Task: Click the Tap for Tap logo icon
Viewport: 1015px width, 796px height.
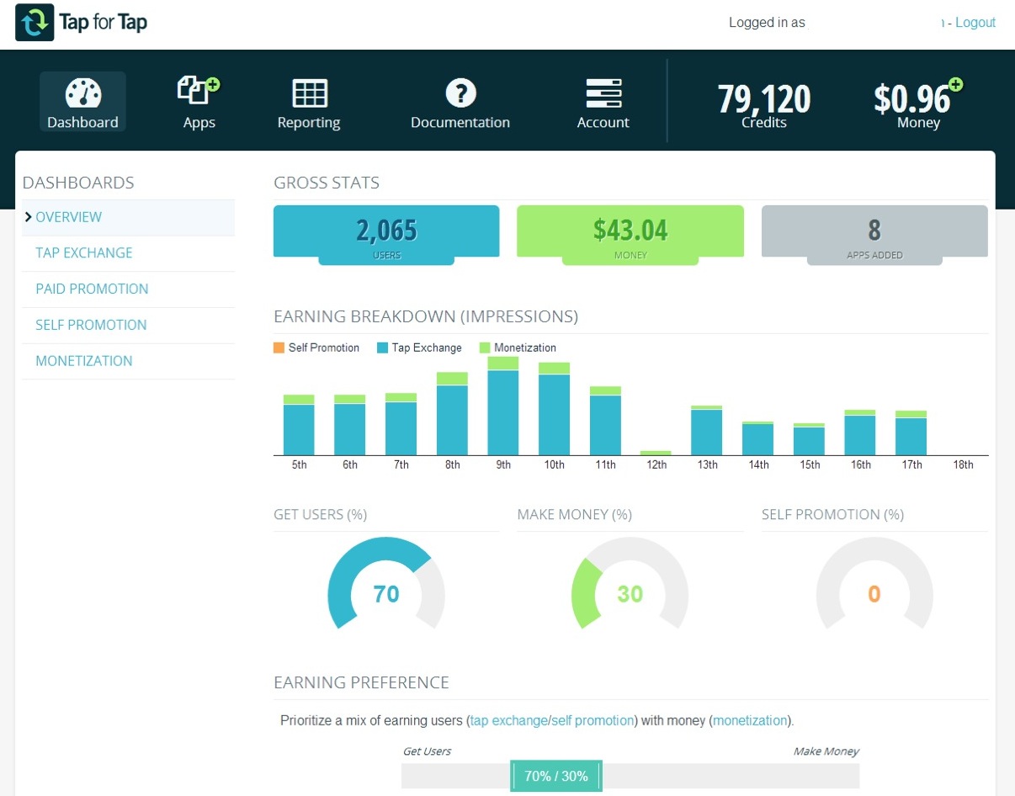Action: pos(35,23)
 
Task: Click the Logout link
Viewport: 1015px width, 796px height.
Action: pos(975,23)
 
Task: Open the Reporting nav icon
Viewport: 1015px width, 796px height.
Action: pos(309,93)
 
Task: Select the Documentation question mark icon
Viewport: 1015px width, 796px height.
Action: pos(460,93)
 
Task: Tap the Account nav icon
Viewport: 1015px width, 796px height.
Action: pos(603,93)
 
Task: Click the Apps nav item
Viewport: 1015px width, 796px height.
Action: pos(199,103)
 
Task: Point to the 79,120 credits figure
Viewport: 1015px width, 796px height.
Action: pos(763,99)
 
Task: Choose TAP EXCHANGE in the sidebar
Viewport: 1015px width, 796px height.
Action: pos(84,253)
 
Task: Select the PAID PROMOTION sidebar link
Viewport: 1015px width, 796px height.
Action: pos(92,289)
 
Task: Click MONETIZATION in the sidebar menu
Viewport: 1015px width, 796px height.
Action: pos(84,361)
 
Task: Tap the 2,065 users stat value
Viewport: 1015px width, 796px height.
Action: pos(386,230)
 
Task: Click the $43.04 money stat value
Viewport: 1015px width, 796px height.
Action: pos(630,230)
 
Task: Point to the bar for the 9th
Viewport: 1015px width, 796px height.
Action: pos(503,408)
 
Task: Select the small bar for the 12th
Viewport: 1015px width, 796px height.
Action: pos(656,453)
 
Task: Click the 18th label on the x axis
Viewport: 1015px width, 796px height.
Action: pos(963,464)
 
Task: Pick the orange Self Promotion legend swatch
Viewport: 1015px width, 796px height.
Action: pos(279,348)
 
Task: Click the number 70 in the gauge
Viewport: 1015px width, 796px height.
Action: pos(385,594)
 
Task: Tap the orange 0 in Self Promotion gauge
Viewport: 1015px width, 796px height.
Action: pos(874,594)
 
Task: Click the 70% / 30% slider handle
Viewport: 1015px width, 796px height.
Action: pos(556,776)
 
